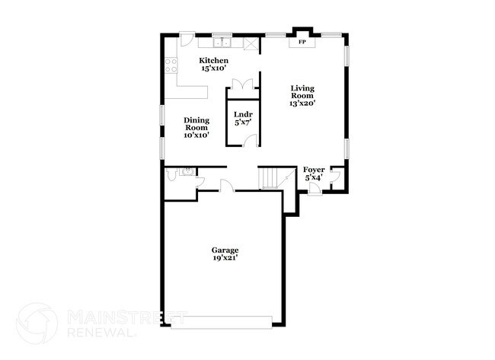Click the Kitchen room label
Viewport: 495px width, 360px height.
[x=213, y=60]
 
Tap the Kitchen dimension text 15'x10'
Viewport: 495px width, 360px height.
[x=213, y=68]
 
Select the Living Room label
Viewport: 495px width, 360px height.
[x=302, y=92]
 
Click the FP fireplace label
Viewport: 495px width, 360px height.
[x=302, y=41]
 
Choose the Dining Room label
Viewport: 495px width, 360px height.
[x=196, y=123]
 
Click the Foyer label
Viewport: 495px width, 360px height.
[x=314, y=170]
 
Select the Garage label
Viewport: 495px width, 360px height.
[x=225, y=250]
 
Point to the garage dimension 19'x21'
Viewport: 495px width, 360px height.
[x=225, y=258]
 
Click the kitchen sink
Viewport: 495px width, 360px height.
[x=222, y=43]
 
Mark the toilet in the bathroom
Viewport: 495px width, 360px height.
[x=174, y=176]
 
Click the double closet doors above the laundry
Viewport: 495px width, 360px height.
[x=242, y=84]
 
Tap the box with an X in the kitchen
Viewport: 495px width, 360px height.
[x=249, y=43]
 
